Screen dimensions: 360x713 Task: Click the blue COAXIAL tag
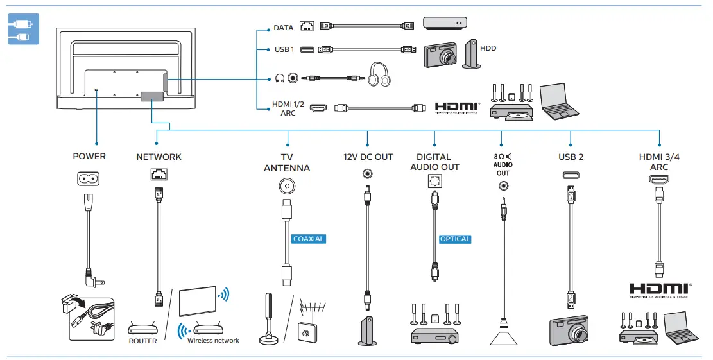tap(309, 239)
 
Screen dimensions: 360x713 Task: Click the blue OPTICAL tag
tap(455, 239)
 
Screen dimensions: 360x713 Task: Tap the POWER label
tap(89, 157)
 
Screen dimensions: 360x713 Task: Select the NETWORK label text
tap(159, 157)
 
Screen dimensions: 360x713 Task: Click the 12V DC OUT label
tap(368, 157)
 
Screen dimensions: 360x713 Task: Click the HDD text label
tap(488, 48)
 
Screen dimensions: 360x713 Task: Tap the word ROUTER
tap(142, 341)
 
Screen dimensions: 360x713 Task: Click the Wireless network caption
tap(213, 341)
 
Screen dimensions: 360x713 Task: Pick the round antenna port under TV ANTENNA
tap(287, 186)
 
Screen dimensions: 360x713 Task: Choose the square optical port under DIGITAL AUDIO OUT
tap(434, 182)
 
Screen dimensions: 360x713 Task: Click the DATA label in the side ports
tap(283, 28)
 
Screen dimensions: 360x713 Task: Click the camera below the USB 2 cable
tap(570, 330)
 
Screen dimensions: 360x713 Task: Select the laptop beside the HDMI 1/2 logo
tap(560, 102)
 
